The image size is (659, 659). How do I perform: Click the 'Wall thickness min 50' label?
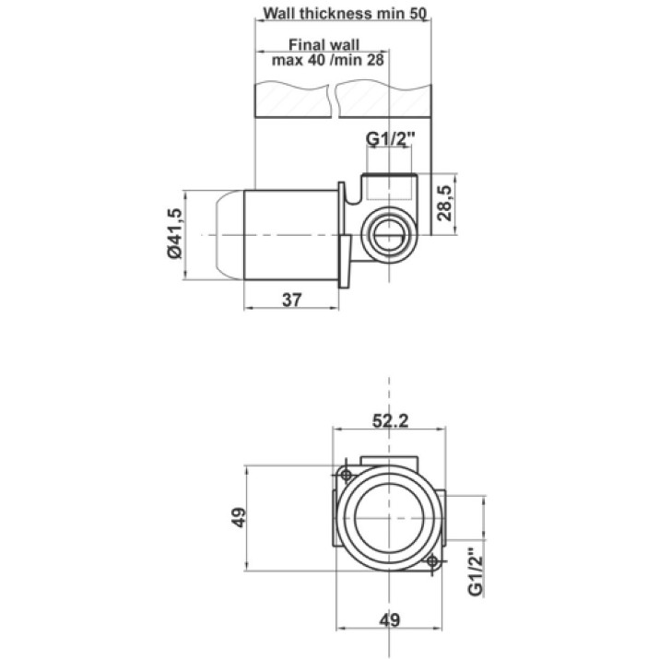click(x=345, y=13)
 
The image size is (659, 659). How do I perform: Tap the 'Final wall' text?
click(x=324, y=44)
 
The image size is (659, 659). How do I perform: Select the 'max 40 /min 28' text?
click(x=328, y=60)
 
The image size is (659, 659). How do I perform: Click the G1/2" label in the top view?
click(x=391, y=138)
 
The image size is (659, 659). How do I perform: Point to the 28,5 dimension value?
click(x=444, y=203)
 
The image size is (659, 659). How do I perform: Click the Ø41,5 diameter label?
click(x=174, y=234)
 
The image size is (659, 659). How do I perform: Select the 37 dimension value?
click(x=292, y=300)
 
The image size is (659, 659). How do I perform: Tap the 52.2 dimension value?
click(x=391, y=420)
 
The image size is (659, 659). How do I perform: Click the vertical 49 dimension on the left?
click(x=239, y=517)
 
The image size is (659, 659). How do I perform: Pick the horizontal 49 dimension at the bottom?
click(x=390, y=620)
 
